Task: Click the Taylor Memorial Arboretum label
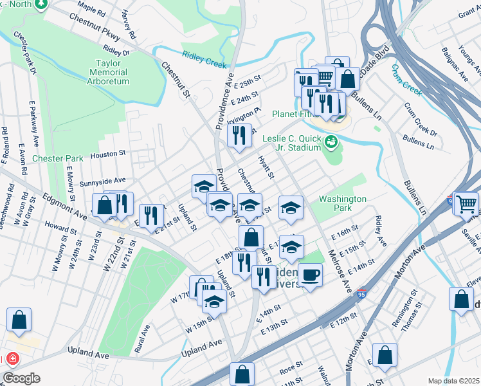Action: tap(113, 72)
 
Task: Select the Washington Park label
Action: tap(342, 204)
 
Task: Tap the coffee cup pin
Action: tap(311, 275)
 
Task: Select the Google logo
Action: tap(21, 378)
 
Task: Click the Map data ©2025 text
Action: tap(453, 381)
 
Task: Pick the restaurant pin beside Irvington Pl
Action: tap(239, 135)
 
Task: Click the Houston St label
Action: tap(107, 154)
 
